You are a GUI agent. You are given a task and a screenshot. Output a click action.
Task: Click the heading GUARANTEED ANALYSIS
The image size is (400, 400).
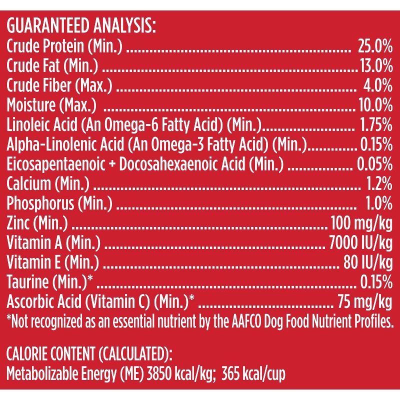pos(81,25)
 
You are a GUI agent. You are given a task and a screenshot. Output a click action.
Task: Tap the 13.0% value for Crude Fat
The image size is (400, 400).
pos(375,65)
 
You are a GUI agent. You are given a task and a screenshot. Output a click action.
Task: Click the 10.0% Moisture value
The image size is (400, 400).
pos(375,104)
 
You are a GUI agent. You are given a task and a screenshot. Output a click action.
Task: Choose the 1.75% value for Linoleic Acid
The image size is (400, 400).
pos(375,124)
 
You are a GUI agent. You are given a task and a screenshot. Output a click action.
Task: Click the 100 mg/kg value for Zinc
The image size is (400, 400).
pos(358,221)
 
